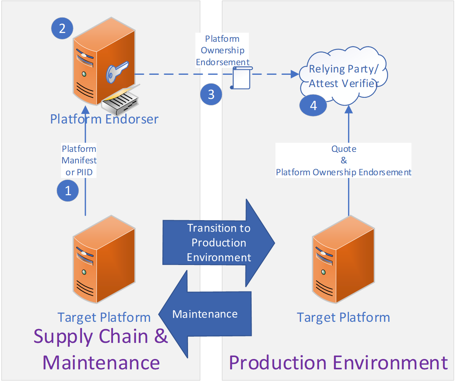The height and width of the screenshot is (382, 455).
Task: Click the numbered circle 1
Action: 68,190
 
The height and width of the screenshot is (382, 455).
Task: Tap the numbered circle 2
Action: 62,28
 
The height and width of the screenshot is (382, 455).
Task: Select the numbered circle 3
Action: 211,94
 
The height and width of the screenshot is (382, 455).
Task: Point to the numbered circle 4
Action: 313,105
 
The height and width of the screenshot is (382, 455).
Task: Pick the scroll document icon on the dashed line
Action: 242,77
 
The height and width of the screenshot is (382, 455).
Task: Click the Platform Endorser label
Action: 104,119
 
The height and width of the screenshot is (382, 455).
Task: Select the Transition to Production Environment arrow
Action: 219,243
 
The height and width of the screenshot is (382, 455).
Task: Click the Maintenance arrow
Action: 205,314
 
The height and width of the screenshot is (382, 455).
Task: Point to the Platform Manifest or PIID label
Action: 79,160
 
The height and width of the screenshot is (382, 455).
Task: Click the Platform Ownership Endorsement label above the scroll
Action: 223,50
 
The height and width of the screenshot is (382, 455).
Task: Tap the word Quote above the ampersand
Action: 344,149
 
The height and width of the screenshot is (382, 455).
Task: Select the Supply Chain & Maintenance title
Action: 101,349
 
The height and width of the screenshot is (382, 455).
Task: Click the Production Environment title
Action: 338,362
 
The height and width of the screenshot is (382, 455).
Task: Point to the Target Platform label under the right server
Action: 343,318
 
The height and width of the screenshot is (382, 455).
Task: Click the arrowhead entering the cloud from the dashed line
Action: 295,74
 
